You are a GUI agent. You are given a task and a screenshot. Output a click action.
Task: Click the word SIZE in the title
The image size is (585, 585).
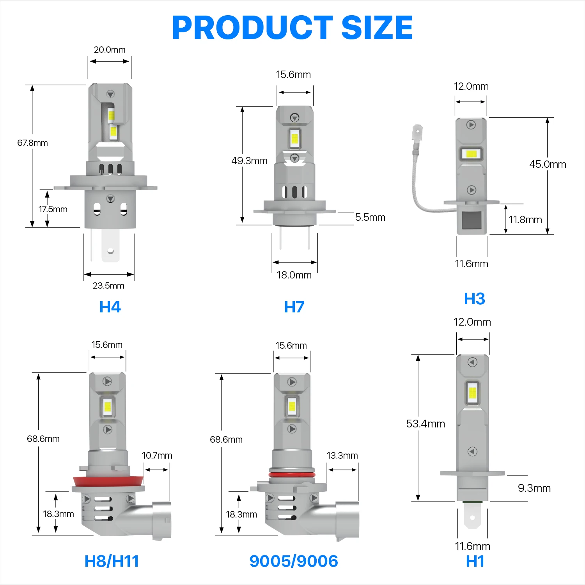(377, 28)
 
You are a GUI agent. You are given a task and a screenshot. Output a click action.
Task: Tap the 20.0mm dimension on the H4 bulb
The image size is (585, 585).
(110, 50)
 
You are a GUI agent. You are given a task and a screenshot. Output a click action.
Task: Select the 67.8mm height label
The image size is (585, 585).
(32, 143)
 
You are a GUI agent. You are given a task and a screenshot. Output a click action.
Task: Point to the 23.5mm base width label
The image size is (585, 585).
(108, 285)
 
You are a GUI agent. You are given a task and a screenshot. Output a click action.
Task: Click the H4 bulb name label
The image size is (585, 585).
(110, 307)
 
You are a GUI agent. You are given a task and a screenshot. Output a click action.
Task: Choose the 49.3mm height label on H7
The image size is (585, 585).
(249, 161)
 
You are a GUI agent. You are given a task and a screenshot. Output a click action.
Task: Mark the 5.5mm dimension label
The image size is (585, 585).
(370, 217)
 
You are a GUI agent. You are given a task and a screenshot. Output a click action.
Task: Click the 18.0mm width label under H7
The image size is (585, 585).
(294, 275)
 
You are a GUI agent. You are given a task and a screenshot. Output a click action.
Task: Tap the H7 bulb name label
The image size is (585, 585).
(294, 307)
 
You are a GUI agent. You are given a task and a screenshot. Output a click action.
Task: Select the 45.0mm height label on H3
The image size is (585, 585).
(548, 164)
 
